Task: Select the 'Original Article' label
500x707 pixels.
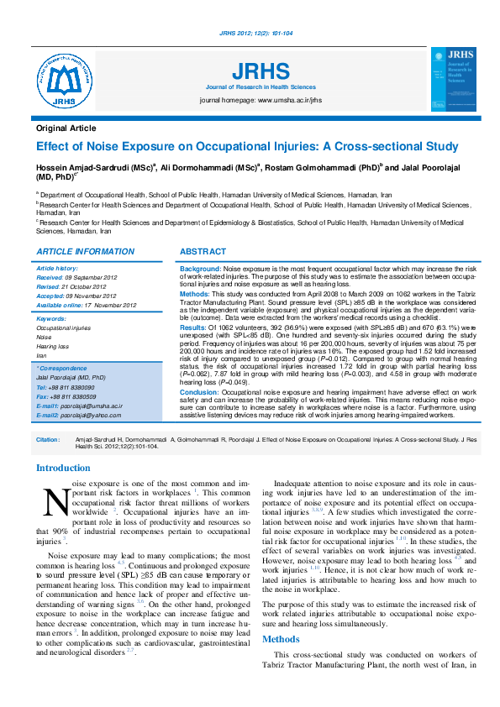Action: click(x=66, y=128)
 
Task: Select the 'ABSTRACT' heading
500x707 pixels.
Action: click(x=203, y=252)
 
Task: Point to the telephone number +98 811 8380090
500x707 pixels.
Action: click(x=71, y=387)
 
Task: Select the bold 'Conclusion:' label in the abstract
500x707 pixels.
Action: click(x=200, y=392)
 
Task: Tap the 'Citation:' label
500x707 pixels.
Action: click(x=48, y=439)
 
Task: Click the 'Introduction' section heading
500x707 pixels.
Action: click(x=63, y=468)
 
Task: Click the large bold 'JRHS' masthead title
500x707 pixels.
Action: click(x=261, y=71)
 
